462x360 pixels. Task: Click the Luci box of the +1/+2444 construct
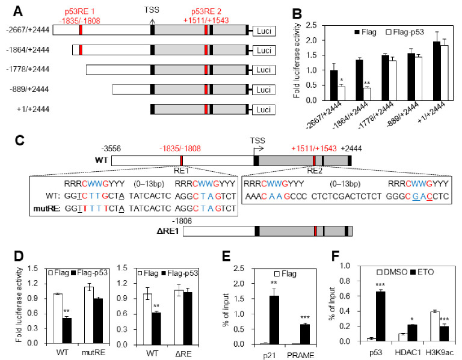tap(263, 109)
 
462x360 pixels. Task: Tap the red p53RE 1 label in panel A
tap(79, 12)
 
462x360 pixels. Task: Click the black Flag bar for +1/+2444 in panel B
tap(437, 71)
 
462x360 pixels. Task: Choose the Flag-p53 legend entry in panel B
tap(404, 32)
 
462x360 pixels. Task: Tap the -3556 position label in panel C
tap(111, 148)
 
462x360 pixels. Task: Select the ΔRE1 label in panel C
tap(168, 231)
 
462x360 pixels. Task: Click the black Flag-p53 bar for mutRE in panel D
tap(98, 321)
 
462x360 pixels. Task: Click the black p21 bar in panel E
tap(274, 320)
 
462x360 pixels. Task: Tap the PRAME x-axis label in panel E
tap(301, 355)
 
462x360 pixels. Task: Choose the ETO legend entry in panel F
tap(422, 272)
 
